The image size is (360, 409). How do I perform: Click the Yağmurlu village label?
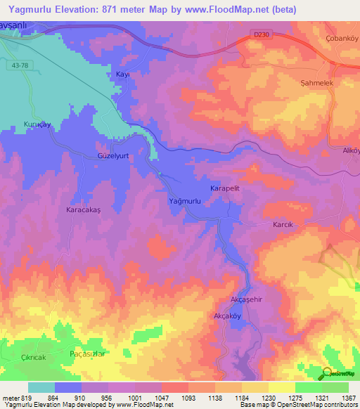186,202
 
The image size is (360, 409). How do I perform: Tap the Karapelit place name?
226,190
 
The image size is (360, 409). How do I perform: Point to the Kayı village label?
124,74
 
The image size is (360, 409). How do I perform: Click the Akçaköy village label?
228,316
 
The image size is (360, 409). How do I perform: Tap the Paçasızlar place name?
88,353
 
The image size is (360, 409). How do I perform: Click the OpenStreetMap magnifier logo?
327,373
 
